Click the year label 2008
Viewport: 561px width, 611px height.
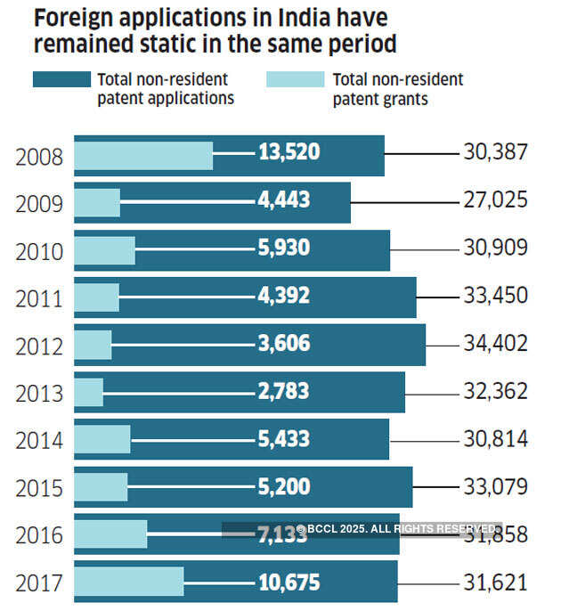coord(39,158)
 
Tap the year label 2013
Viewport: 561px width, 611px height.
coord(39,393)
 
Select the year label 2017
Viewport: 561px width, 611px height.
coord(39,583)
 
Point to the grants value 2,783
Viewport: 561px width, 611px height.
coord(283,391)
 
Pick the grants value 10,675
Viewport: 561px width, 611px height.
coord(289,582)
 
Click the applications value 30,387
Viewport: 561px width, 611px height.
coord(496,152)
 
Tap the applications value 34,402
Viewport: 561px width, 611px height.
coord(496,343)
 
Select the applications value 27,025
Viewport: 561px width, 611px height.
coord(496,200)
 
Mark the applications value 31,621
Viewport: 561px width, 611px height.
coord(496,582)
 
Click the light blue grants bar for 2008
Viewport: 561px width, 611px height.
coord(142,156)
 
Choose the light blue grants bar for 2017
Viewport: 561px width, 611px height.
coord(128,582)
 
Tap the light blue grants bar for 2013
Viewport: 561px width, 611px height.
coord(88,391)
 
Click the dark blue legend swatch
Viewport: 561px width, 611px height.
coord(61,80)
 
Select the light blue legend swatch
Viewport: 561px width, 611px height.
coord(295,80)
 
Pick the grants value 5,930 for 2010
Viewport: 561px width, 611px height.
coord(283,248)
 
